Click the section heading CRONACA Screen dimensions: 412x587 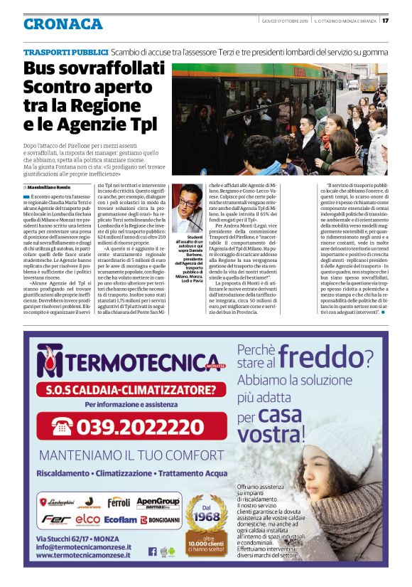63,23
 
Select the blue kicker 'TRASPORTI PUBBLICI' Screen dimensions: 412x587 65,52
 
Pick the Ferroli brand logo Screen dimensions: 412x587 119,502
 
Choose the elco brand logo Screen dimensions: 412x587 88,520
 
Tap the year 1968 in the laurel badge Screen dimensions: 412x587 205,517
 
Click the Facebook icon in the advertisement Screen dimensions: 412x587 152,551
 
